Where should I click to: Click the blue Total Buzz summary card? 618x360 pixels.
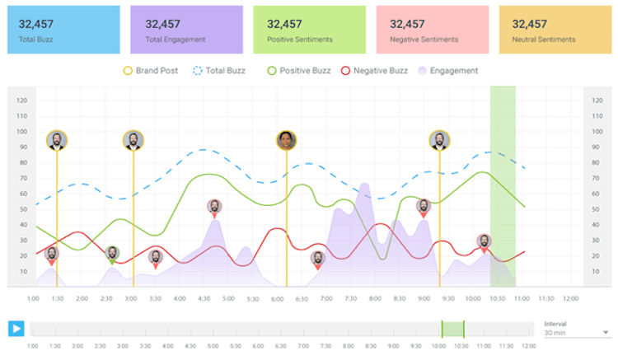click(x=63, y=30)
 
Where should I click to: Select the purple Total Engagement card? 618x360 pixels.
click(x=186, y=30)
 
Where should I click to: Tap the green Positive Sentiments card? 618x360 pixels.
click(x=309, y=30)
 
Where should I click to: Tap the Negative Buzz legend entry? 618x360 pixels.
click(x=374, y=71)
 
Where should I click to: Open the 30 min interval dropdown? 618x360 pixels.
click(x=575, y=333)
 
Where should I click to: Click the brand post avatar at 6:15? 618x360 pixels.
click(x=286, y=140)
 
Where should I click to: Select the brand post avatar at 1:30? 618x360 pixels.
click(x=57, y=140)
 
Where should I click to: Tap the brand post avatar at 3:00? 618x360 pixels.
click(x=133, y=140)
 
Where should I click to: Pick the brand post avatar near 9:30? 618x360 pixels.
click(x=439, y=140)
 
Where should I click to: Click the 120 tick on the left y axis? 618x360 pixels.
click(x=22, y=101)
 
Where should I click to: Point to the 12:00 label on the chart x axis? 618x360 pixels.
click(x=569, y=298)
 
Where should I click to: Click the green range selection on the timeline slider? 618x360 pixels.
click(x=452, y=329)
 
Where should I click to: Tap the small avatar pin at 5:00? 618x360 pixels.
click(x=213, y=207)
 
